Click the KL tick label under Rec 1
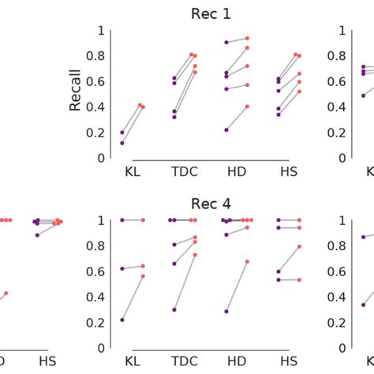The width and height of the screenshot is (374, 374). [132, 170]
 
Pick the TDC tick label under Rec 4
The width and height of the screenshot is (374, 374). [183, 361]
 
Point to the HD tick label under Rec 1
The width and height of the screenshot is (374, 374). [237, 170]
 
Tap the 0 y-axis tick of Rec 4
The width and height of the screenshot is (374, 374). [100, 348]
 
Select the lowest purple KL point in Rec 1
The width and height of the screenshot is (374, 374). [122, 143]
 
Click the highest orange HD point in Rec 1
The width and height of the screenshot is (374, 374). [247, 38]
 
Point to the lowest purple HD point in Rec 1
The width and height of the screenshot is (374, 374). [226, 129]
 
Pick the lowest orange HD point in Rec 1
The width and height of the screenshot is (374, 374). [247, 107]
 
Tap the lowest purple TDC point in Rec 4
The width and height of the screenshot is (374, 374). [174, 309]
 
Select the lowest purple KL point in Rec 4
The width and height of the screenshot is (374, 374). [122, 320]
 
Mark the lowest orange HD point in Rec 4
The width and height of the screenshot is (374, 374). [248, 261]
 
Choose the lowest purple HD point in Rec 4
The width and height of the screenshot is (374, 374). [226, 311]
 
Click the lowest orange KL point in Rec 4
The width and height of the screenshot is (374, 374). [143, 276]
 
